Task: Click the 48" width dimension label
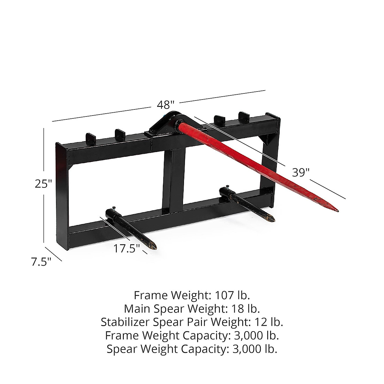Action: (x=165, y=105)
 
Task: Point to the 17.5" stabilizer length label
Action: (x=127, y=248)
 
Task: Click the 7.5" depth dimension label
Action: (x=41, y=262)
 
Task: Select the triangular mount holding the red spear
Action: (x=165, y=124)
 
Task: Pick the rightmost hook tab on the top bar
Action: (x=244, y=116)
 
